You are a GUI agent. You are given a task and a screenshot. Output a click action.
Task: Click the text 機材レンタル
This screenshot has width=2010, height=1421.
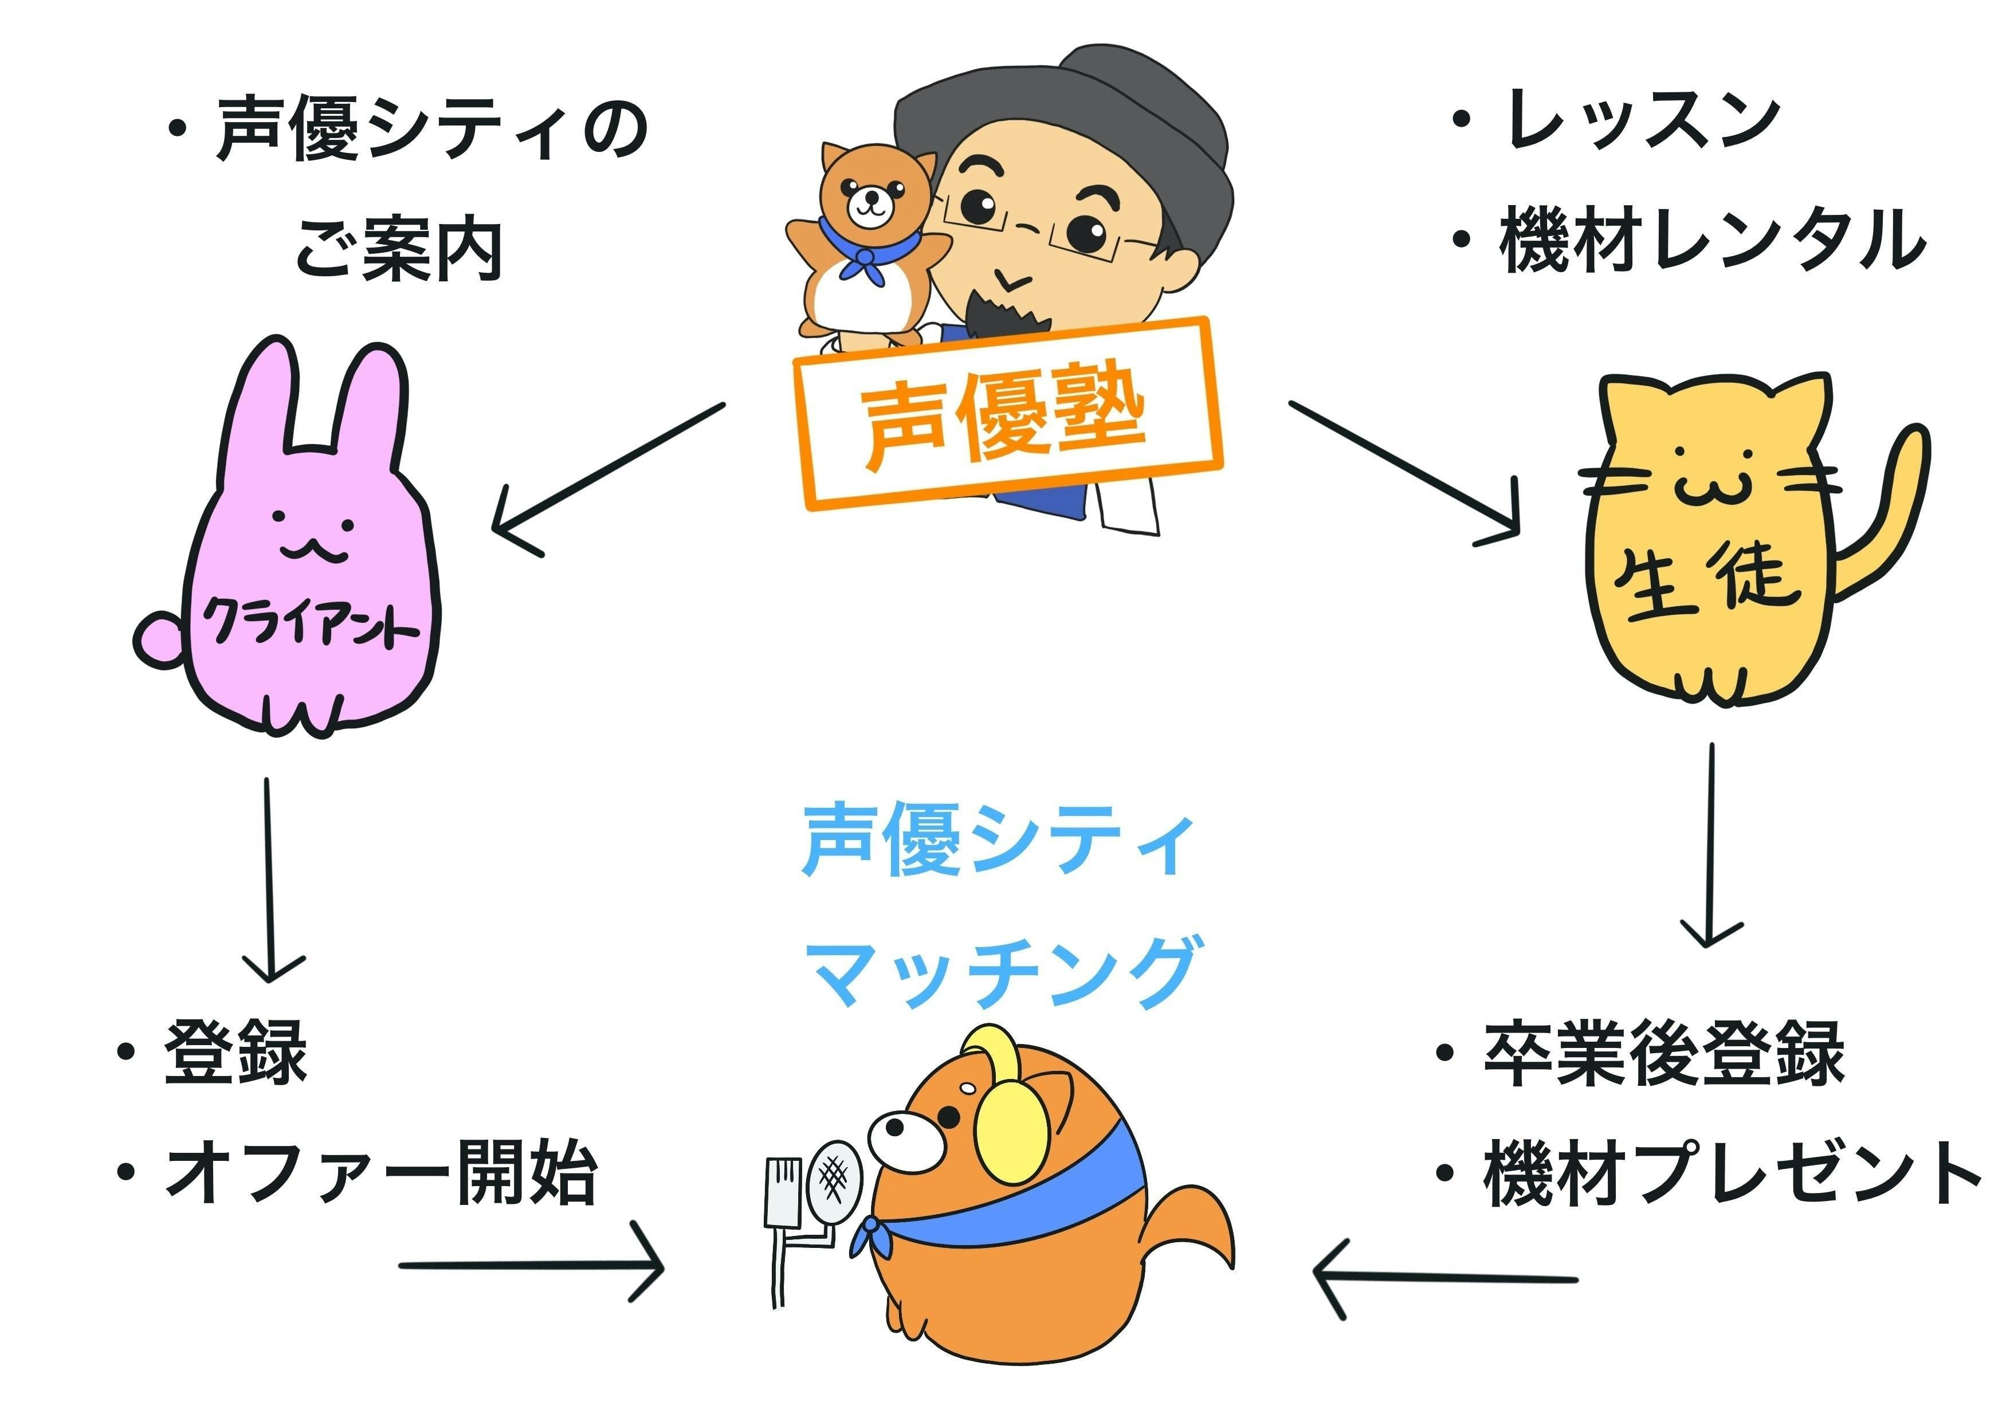pyautogui.click(x=1711, y=240)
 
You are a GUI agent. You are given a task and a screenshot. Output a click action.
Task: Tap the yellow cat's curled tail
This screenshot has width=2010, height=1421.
pyautogui.click(x=1891, y=508)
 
